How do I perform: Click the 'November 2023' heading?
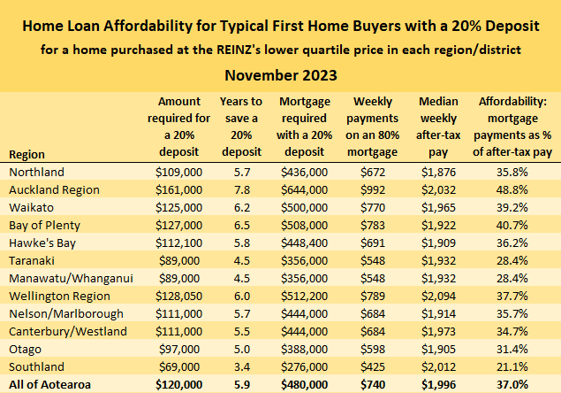click(280, 74)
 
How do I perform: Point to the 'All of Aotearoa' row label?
click(49, 383)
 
